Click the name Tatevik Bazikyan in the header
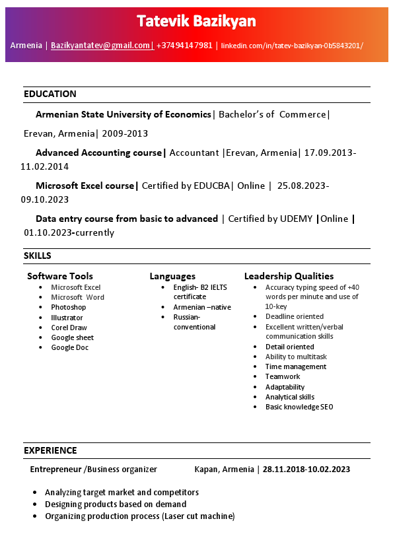click(x=196, y=22)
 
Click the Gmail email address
click(x=101, y=46)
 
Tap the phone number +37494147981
click(x=184, y=46)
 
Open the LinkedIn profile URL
click(x=292, y=46)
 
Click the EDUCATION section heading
click(x=50, y=94)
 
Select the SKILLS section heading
click(x=38, y=256)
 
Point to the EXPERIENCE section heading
click(x=50, y=450)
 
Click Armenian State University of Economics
click(x=124, y=114)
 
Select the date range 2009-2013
click(x=125, y=133)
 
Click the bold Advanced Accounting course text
click(x=99, y=153)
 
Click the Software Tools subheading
click(x=60, y=276)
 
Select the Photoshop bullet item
click(x=69, y=307)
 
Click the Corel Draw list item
click(x=69, y=328)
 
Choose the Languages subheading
click(x=172, y=276)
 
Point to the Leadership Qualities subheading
click(x=289, y=276)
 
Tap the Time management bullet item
click(x=296, y=366)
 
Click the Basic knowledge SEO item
click(x=299, y=407)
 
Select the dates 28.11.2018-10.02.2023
click(x=306, y=469)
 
